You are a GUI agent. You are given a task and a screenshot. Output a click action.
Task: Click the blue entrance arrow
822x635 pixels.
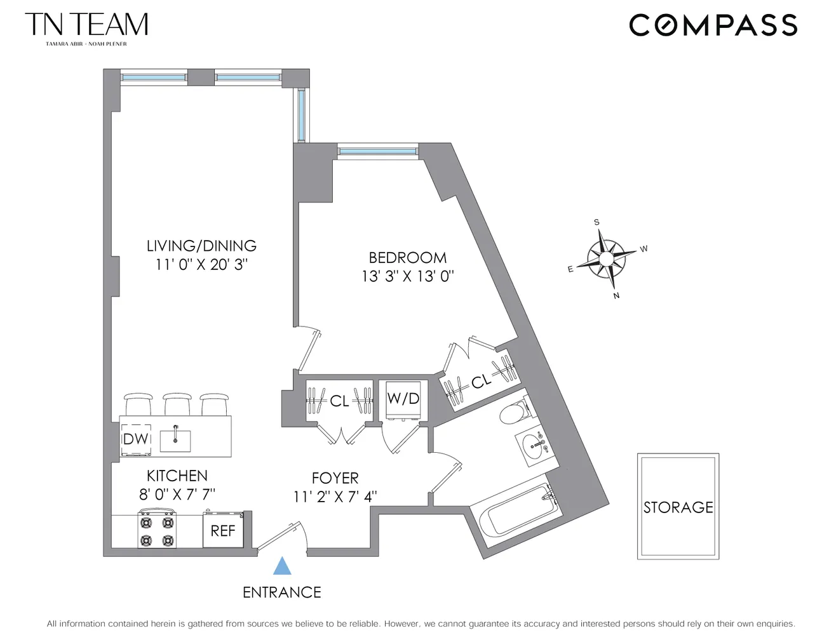282,566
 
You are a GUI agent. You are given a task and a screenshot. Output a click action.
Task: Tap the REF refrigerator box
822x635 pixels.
222,530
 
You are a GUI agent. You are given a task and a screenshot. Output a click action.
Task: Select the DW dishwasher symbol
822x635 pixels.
136,439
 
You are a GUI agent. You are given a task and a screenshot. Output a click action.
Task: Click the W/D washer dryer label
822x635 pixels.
403,399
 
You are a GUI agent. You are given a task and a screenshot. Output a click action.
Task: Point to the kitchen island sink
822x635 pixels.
175,439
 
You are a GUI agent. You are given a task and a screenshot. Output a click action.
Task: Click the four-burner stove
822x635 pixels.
156,531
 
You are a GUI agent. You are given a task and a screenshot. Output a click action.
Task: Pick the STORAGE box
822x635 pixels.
678,506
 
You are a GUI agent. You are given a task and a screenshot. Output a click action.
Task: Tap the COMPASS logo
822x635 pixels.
713,25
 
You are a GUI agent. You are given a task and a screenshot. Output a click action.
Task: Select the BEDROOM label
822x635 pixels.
407,258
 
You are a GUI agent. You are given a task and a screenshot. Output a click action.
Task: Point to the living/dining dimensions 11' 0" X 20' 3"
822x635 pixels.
201,264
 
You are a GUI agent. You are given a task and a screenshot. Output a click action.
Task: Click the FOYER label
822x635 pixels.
335,478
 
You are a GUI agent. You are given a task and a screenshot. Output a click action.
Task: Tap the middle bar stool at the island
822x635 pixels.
177,404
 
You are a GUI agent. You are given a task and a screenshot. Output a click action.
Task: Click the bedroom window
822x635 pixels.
377,150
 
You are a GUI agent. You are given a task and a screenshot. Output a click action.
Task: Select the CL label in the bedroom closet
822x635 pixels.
481,382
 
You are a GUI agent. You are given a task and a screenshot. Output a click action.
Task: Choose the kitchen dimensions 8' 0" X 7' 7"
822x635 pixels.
177,493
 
